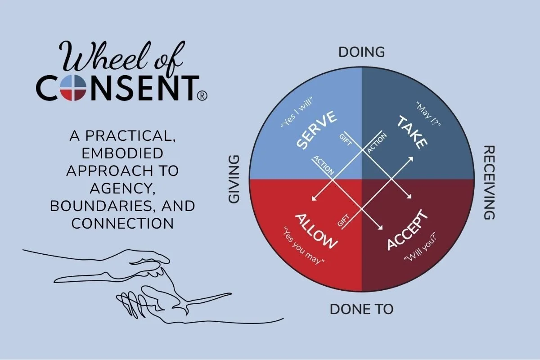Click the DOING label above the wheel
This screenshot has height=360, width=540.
coord(362,52)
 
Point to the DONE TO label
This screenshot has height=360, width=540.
coord(362,309)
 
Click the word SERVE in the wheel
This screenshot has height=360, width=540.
coord(316,130)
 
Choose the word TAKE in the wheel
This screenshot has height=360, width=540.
coord(411,132)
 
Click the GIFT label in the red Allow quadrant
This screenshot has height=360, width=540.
coord(343,220)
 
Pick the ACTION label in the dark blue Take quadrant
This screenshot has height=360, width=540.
coord(374,143)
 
